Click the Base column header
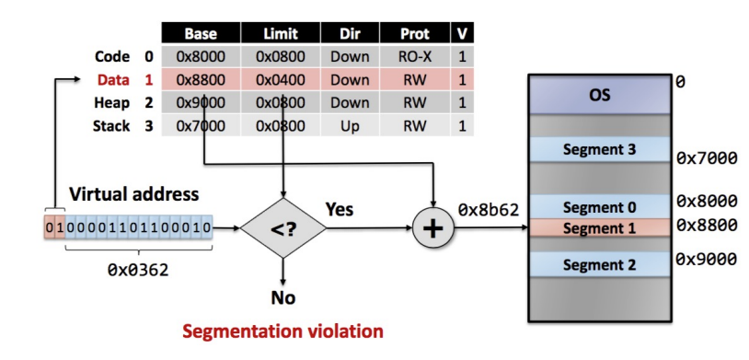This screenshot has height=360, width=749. [x=200, y=34]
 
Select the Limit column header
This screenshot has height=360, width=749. [x=281, y=34]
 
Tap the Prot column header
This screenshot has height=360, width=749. [x=414, y=34]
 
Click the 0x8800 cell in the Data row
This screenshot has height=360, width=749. [x=200, y=79]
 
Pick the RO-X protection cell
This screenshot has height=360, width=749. [x=414, y=57]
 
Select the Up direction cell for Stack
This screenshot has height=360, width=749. [x=349, y=124]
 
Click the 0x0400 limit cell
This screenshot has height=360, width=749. [x=281, y=79]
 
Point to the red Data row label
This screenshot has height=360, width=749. [x=111, y=79]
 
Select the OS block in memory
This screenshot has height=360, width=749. [x=599, y=95]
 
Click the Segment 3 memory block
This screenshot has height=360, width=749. [x=599, y=149]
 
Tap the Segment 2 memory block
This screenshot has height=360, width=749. [x=599, y=265]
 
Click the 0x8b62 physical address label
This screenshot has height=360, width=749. [x=488, y=211]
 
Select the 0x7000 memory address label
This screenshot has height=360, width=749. [x=707, y=158]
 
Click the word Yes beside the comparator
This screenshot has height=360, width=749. [x=340, y=210]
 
